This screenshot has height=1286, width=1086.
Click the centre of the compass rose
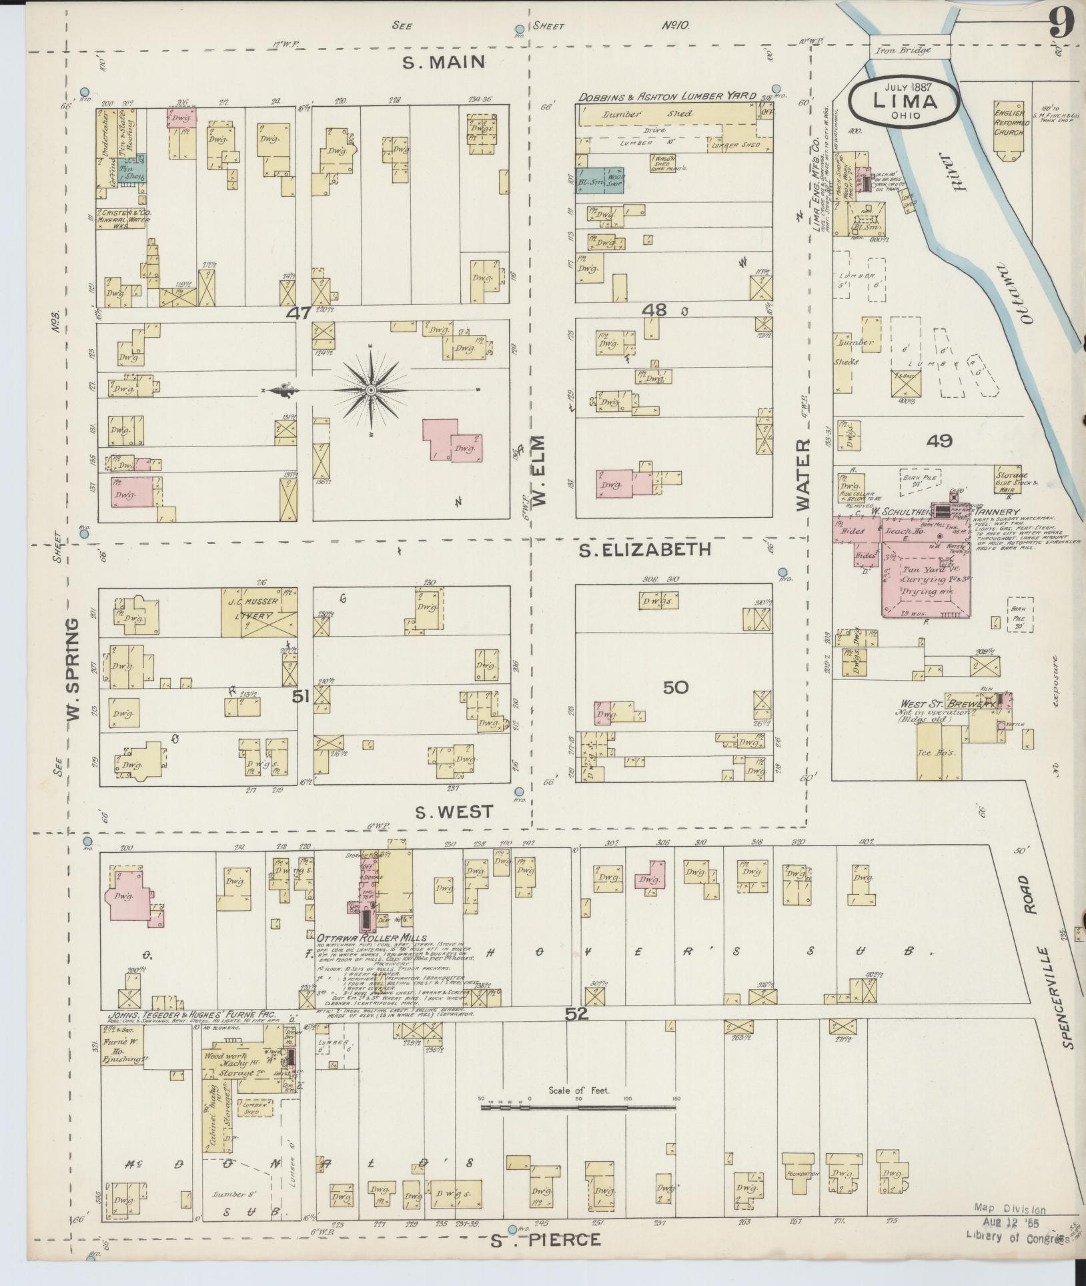(371, 390)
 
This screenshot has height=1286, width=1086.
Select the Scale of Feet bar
(578, 1106)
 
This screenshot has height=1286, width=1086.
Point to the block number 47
(300, 313)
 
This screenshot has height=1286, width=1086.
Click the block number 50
(675, 687)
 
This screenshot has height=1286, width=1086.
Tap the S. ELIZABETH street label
(644, 549)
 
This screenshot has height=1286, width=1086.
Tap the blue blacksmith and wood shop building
(600, 181)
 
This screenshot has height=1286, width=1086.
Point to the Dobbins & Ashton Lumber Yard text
(666, 96)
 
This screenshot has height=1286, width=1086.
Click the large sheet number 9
(1061, 25)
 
